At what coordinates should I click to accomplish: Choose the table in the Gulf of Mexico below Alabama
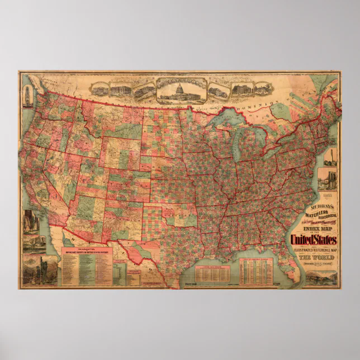pos(255,271)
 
